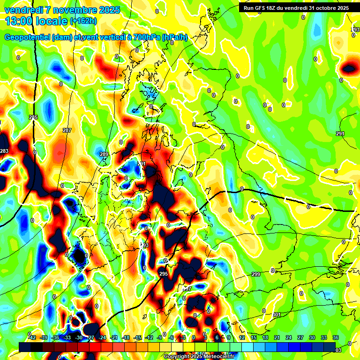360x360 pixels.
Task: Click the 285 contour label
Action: pos(33,117)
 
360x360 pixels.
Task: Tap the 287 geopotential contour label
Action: pos(67,130)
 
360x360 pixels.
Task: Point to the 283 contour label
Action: pos(4,151)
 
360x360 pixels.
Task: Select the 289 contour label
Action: pos(104,154)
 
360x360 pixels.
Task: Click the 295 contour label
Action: pos(163,274)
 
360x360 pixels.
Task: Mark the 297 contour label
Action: pos(187,288)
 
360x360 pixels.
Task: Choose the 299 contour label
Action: pos(256,274)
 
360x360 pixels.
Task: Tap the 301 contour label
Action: pos(277,315)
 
